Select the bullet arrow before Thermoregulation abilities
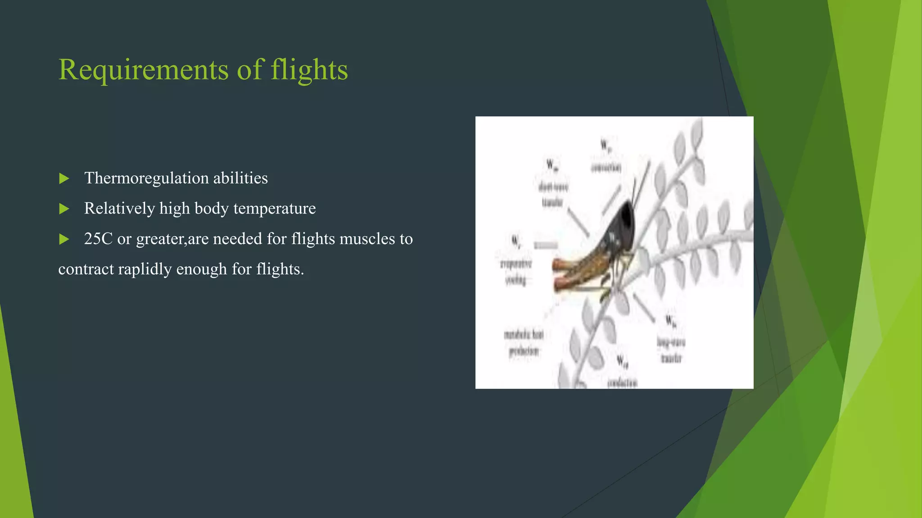64,179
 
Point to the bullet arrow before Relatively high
64,209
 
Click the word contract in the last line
86,269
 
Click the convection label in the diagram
606,167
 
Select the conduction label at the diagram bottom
622,383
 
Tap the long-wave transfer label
671,350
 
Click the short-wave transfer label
553,195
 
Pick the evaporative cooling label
516,272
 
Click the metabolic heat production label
524,343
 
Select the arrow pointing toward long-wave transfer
644,308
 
